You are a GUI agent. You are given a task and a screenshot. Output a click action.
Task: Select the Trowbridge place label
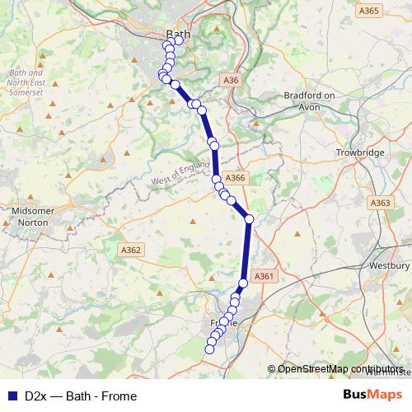[360, 153]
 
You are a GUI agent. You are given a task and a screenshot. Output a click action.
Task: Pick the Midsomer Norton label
[30, 217]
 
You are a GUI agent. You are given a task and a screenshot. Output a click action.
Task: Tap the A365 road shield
[368, 11]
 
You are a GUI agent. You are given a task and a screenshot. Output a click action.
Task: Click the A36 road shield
[232, 80]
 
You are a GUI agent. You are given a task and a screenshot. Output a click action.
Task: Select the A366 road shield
[235, 178]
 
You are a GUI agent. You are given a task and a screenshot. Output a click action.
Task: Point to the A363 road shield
[381, 204]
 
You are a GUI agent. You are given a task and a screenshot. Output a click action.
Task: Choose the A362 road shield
[132, 250]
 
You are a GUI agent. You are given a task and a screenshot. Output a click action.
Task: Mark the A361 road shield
[263, 277]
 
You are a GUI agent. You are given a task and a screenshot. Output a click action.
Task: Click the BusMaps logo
[372, 396]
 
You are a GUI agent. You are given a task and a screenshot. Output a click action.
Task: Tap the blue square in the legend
[12, 396]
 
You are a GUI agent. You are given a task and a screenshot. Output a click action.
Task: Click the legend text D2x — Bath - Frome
[81, 396]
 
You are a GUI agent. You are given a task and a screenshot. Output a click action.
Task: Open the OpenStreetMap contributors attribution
[340, 368]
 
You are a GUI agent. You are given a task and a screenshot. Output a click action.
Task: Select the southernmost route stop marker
[209, 349]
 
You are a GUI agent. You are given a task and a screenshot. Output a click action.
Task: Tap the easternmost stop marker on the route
[249, 218]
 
